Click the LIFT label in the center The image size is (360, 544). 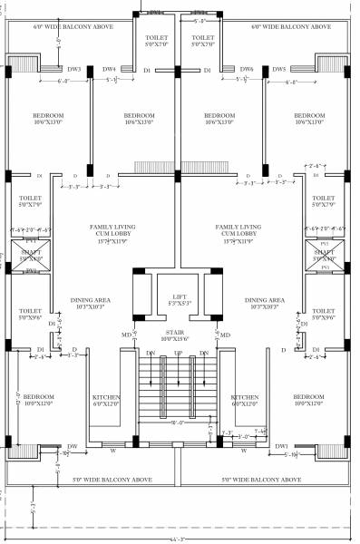click(179, 296)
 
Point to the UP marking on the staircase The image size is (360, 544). click(179, 353)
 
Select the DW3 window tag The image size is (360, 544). click(74, 69)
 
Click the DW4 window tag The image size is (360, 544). click(109, 69)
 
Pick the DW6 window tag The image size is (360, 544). click(247, 69)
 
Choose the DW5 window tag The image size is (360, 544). click(279, 69)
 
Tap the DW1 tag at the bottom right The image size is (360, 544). click(282, 446)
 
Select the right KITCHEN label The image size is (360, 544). click(246, 398)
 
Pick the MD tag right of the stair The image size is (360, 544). click(225, 335)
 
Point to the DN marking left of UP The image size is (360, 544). click(151, 353)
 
